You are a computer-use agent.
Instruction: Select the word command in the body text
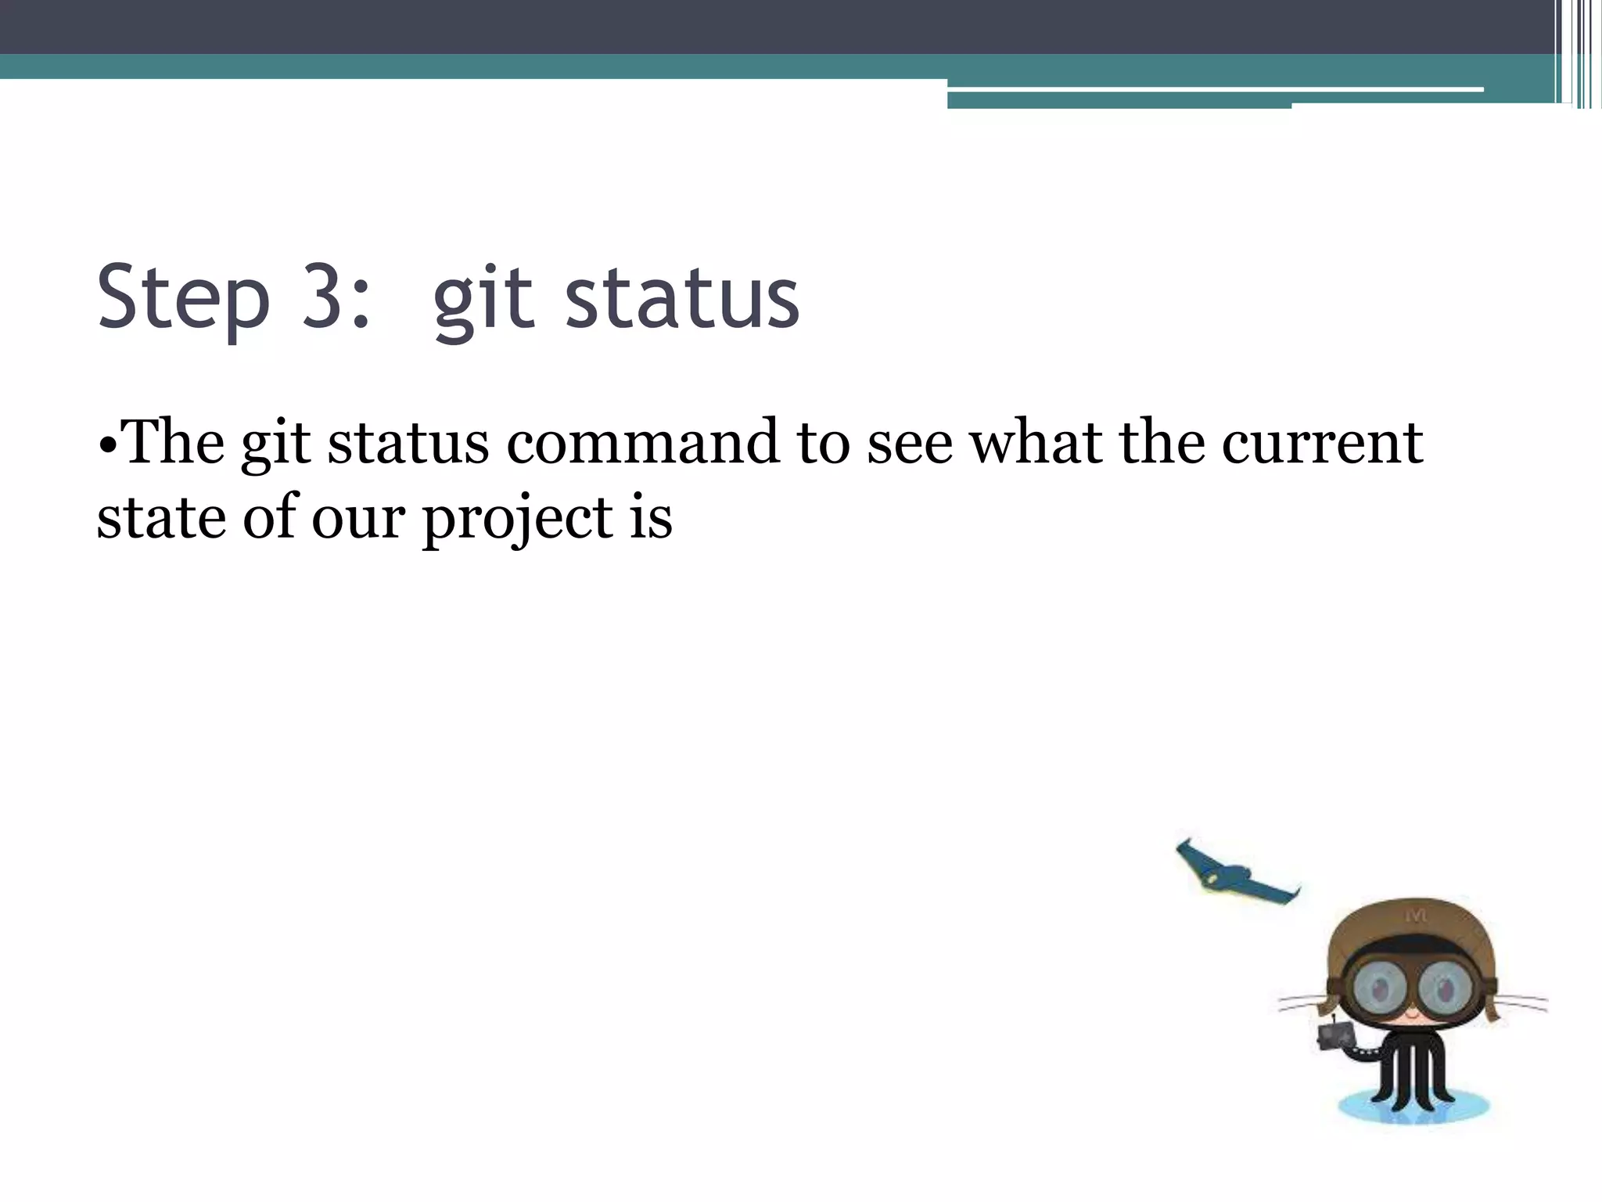coord(642,443)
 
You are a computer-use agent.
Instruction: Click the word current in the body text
coord(1322,443)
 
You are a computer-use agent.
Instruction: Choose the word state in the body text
coord(160,518)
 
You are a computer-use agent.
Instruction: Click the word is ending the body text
coord(651,518)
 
